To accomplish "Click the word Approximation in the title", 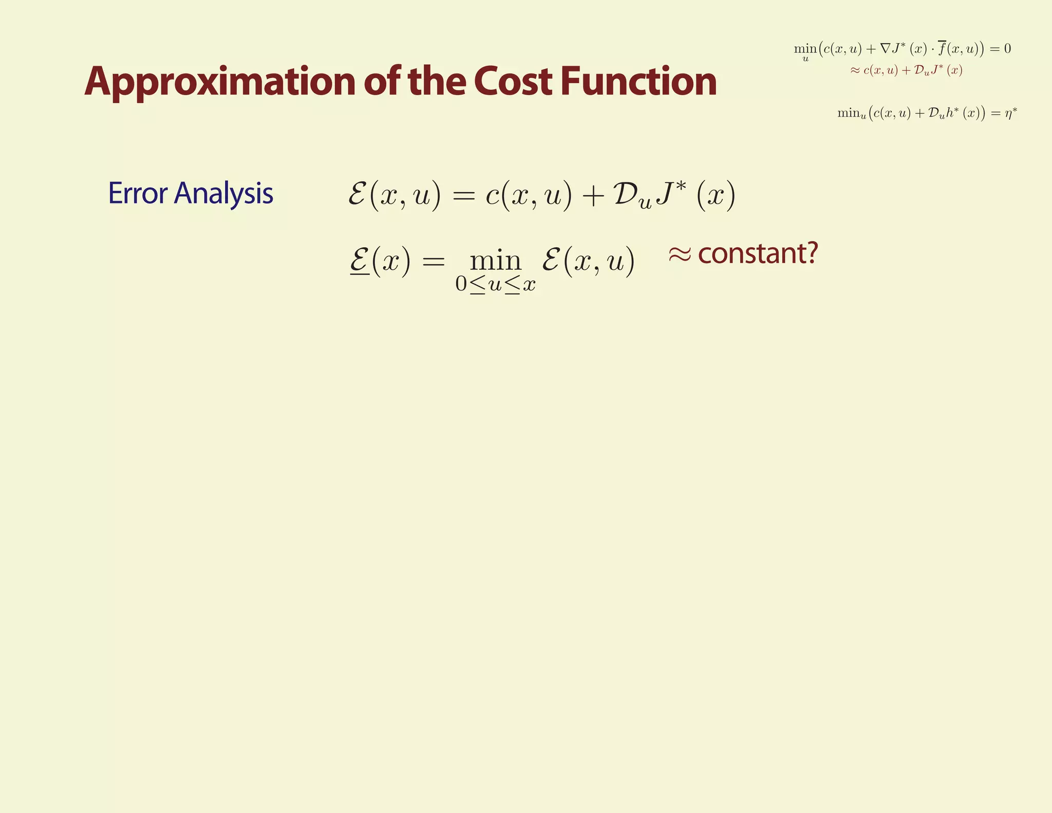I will click(x=220, y=82).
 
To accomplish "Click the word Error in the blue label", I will click(x=138, y=193).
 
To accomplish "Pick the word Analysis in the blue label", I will click(x=223, y=194).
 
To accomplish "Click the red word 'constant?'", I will click(x=758, y=253).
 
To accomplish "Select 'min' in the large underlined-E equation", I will click(x=495, y=261).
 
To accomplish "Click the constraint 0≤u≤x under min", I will click(x=495, y=284).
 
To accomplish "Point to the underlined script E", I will click(x=360, y=259).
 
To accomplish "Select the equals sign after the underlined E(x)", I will click(x=433, y=261).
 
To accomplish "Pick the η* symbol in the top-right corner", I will click(x=1010, y=113).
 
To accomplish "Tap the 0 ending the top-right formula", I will click(x=1007, y=49).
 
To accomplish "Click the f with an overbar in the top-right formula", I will click(x=941, y=48).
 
